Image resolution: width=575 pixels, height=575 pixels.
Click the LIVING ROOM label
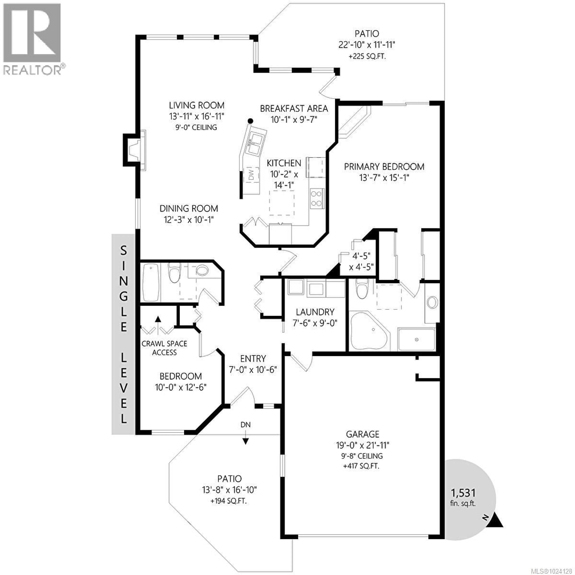pyautogui.click(x=196, y=105)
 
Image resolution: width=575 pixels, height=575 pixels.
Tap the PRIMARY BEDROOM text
pyautogui.click(x=384, y=167)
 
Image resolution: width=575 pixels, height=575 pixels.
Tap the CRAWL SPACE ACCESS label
pyautogui.click(x=164, y=348)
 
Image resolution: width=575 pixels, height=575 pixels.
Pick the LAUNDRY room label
pyautogui.click(x=315, y=312)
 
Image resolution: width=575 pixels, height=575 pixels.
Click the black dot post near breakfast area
pyautogui.click(x=251, y=121)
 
